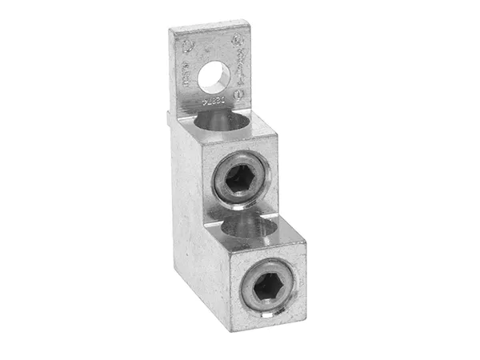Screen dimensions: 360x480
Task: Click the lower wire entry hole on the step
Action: click(x=254, y=230)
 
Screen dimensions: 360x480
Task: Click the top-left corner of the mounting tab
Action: click(x=169, y=30)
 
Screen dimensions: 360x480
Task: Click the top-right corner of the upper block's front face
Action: click(x=278, y=135)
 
